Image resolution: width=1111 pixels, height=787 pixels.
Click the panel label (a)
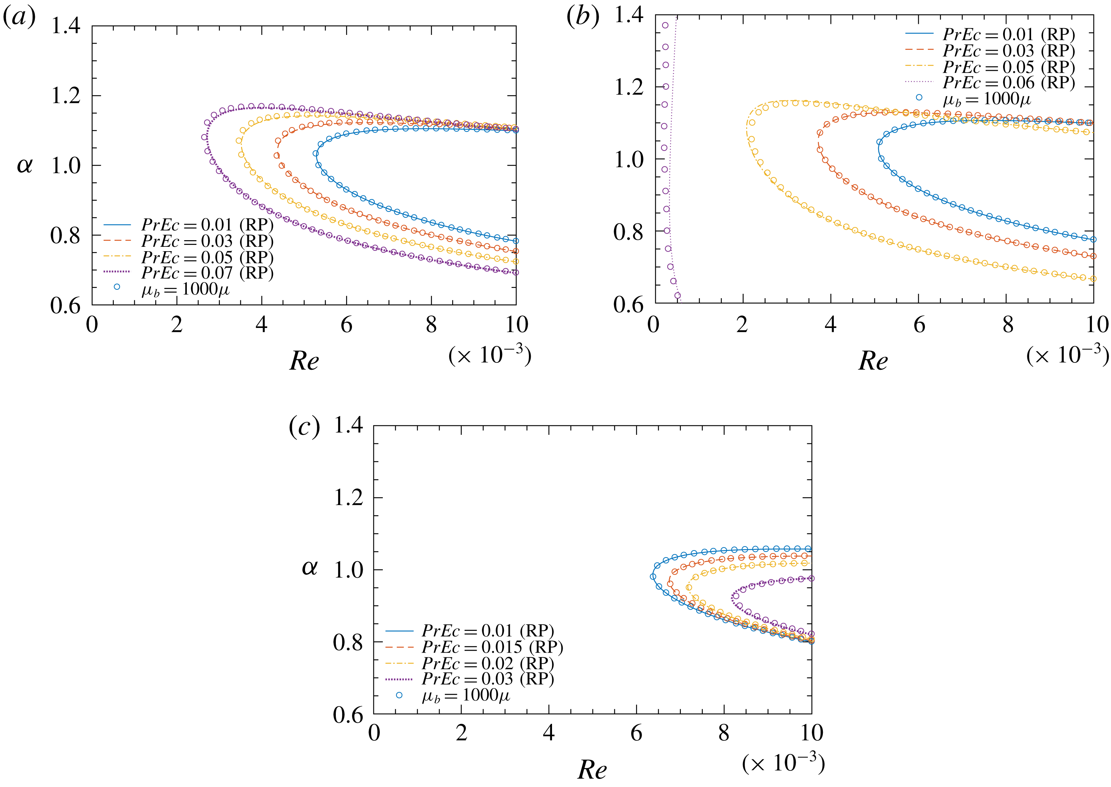(19, 18)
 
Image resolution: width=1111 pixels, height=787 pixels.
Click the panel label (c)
(304, 427)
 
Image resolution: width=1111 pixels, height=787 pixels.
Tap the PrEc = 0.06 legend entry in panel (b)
(1008, 83)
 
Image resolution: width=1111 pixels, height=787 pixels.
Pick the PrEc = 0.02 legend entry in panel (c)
(487, 663)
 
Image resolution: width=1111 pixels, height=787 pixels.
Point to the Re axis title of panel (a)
(304, 361)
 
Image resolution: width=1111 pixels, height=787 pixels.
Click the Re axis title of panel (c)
(592, 769)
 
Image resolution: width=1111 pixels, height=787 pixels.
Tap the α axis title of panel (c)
(309, 567)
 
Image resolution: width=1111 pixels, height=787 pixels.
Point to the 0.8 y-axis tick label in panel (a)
(65, 235)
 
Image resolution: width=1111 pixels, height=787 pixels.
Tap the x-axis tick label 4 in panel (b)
(831, 325)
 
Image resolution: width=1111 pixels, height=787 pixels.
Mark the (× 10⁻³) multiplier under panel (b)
(1067, 355)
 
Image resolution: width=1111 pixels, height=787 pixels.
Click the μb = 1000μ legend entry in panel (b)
(987, 99)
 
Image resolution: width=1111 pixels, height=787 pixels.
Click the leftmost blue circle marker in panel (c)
(653, 577)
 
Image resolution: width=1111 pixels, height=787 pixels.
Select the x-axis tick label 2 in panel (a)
(177, 325)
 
